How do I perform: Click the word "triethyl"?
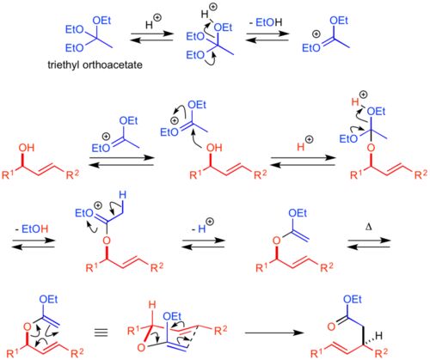pos(64,64)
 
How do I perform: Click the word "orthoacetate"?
pos(112,64)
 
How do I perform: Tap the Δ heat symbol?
pos(369,228)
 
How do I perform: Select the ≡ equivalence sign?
pos(101,333)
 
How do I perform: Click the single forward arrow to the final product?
pos(274,333)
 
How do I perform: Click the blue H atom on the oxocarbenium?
pos(122,196)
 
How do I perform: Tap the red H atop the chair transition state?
pos(152,306)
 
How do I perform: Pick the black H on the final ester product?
pos(378,336)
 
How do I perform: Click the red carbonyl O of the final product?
pos(331,326)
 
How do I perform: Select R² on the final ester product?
pos(381,353)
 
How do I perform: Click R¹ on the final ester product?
pos(318,353)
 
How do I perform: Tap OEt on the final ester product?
pos(353,300)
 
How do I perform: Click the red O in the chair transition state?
pos(141,348)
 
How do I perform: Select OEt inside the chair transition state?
pos(172,316)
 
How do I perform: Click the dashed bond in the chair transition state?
pos(193,338)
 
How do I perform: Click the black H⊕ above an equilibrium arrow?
pos(153,22)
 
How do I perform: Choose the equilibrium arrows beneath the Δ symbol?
pos(369,243)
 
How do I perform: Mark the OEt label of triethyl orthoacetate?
pos(101,21)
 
